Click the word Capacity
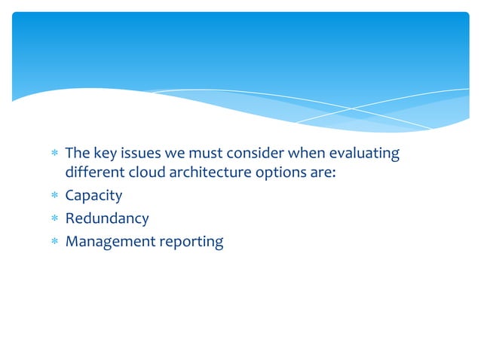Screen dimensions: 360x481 pos(93,197)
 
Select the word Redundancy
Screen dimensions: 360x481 pos(107,219)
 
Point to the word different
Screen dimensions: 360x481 pos(94,175)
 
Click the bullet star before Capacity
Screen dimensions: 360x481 pos(52,197)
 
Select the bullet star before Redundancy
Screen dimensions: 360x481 pos(52,219)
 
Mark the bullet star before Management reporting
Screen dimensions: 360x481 pos(52,242)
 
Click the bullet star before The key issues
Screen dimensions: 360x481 pos(52,154)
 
